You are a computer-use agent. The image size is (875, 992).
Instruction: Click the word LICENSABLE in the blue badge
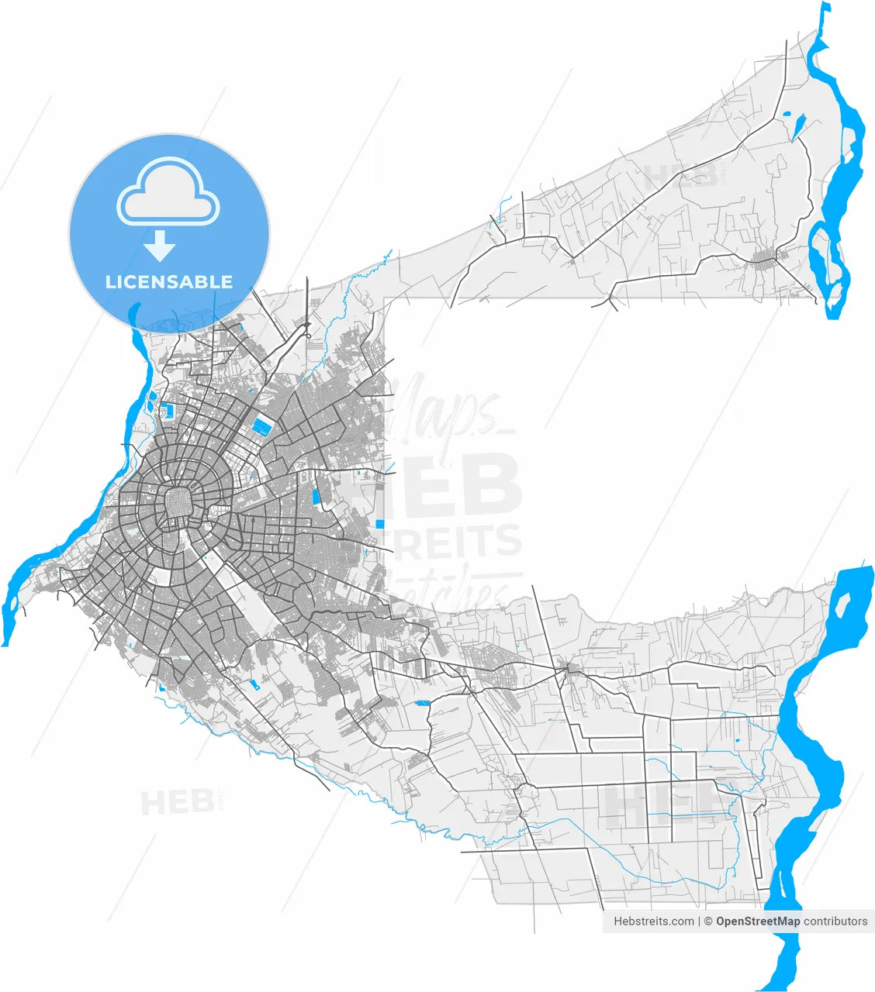pyautogui.click(x=169, y=281)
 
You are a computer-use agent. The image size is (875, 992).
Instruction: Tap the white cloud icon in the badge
pyautogui.click(x=168, y=191)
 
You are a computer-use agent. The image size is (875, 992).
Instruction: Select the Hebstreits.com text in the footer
pyautogui.click(x=654, y=921)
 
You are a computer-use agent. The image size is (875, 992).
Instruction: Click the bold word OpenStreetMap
pyautogui.click(x=757, y=921)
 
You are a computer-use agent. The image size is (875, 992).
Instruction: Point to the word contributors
pyautogui.click(x=835, y=921)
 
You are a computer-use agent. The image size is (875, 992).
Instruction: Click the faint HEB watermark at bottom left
pyautogui.click(x=177, y=802)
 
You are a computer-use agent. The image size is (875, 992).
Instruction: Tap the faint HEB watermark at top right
pyautogui.click(x=680, y=176)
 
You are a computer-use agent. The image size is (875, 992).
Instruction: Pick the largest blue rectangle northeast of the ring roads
pyautogui.click(x=264, y=425)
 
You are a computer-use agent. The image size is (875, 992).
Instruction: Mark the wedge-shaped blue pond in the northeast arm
pyautogui.click(x=798, y=126)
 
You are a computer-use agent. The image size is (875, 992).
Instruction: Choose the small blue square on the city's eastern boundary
pyautogui.click(x=379, y=524)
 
